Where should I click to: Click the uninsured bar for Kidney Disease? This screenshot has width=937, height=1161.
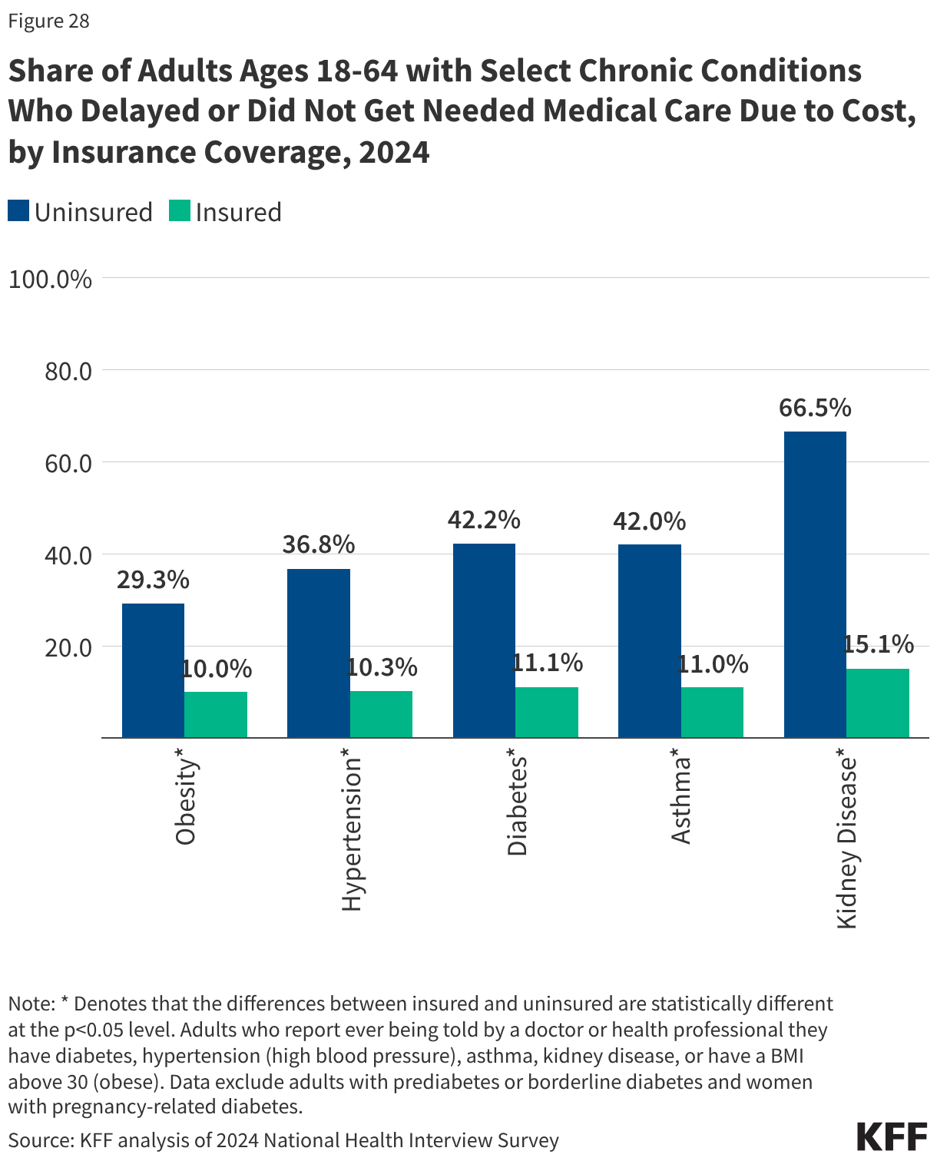(815, 584)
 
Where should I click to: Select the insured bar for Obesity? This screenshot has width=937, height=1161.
(216, 715)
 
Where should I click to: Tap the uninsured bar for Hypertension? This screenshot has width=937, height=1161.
(319, 653)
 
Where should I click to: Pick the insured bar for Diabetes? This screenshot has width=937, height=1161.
(547, 713)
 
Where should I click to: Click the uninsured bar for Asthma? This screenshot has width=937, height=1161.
(650, 641)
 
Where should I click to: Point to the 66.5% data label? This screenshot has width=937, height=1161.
(815, 408)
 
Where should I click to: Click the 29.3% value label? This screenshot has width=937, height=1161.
(153, 580)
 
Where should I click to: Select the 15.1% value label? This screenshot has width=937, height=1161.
(879, 644)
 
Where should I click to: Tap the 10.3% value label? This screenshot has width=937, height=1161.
(382, 667)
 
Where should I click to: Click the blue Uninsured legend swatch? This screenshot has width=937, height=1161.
(18, 211)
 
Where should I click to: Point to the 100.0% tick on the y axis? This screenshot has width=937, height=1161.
(50, 279)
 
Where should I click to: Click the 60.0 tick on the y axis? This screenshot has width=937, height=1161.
(68, 463)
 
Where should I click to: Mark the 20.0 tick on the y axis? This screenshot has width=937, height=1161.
(68, 647)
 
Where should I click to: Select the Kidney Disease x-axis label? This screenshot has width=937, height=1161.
(846, 842)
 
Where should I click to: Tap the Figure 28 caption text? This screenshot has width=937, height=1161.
(48, 21)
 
